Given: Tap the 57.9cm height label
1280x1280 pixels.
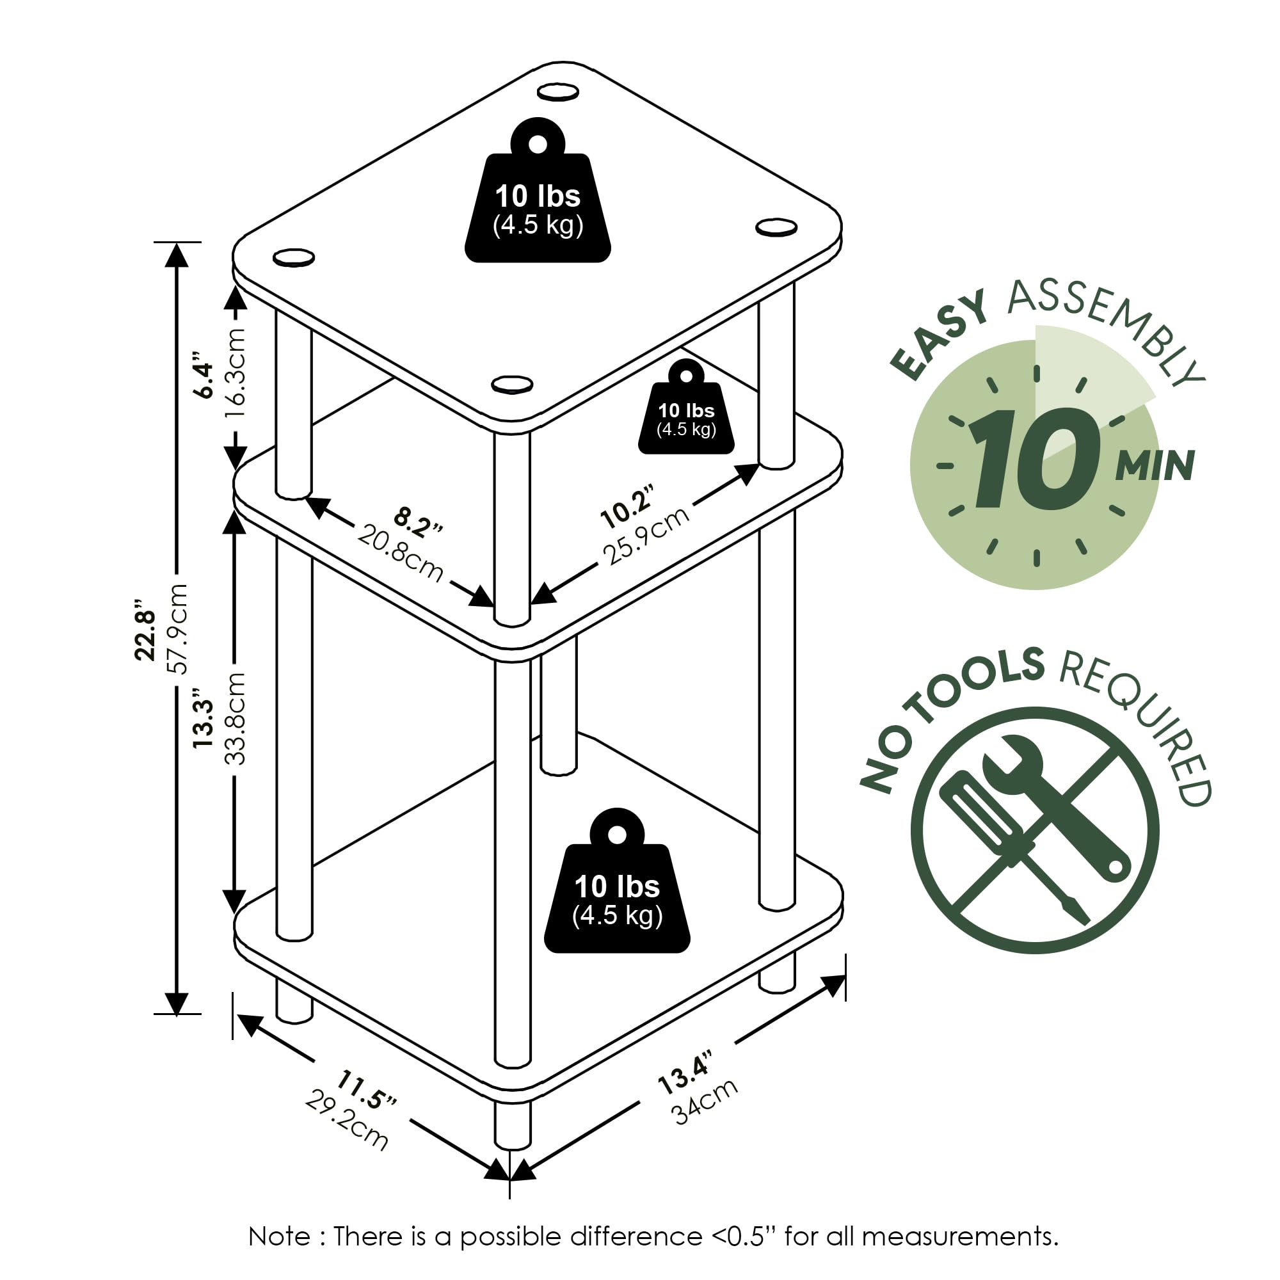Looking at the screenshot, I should point(177,628).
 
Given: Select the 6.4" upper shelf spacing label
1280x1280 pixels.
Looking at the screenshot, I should point(204,380).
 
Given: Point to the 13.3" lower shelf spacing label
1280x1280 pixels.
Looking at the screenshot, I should point(204,723).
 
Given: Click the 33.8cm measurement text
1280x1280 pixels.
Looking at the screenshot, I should point(235,718).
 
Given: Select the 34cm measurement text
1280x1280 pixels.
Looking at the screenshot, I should point(705,1101).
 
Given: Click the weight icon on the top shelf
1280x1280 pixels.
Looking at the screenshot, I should point(538,192).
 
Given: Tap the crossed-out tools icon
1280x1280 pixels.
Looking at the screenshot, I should point(1034,831).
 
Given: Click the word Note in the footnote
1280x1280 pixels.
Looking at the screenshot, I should point(279,1237).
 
